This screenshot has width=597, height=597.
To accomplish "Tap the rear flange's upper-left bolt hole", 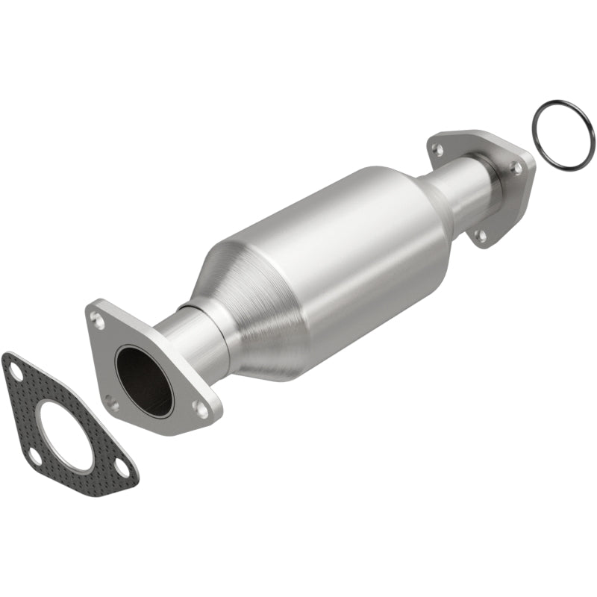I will click(x=438, y=150).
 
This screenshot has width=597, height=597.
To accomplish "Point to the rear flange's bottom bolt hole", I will click(x=481, y=235).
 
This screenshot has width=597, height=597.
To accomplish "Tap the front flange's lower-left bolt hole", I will click(x=111, y=404).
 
